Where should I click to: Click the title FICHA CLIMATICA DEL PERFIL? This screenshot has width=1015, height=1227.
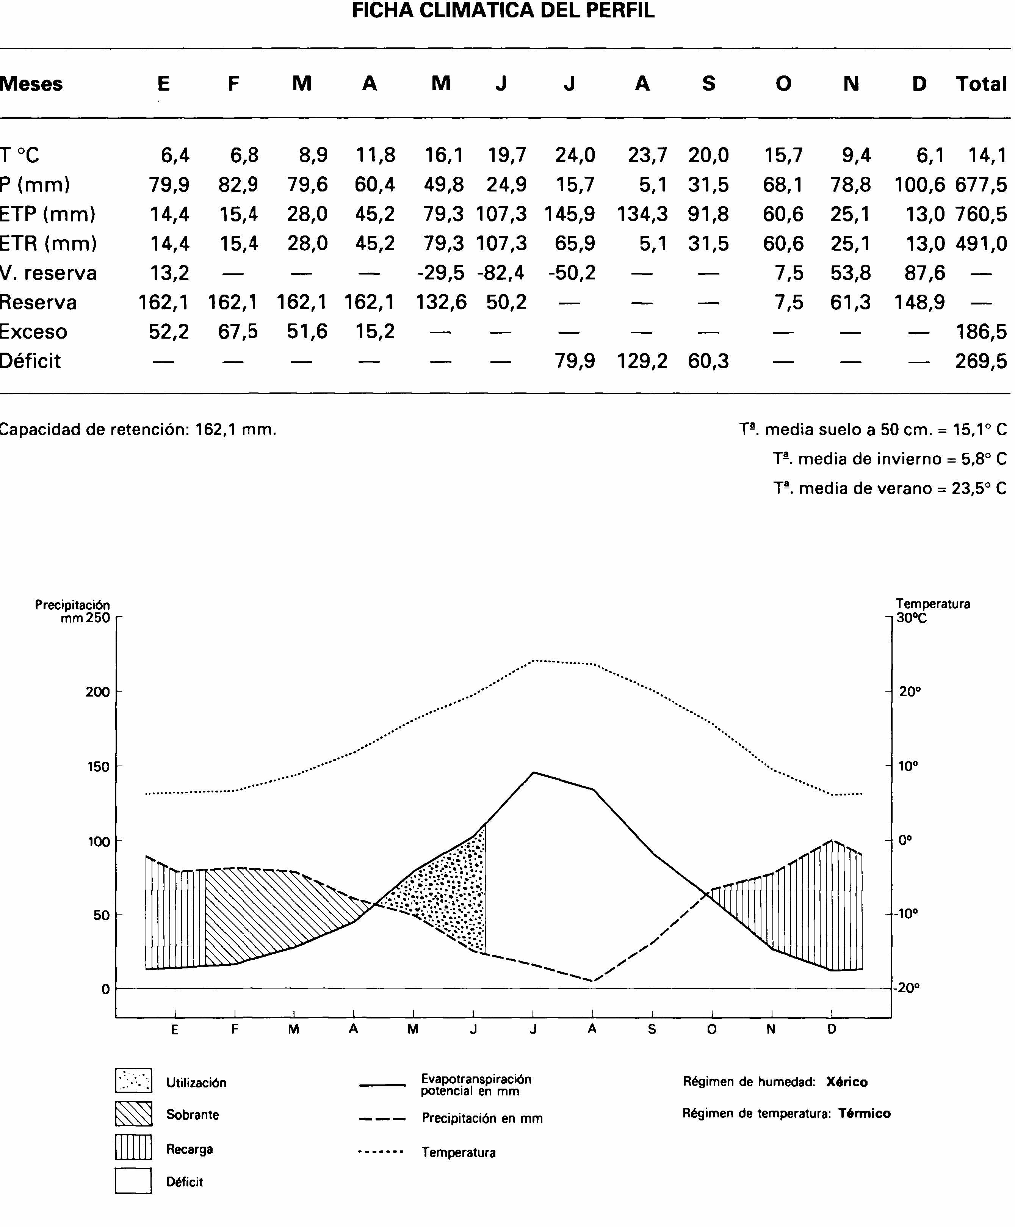coord(503,11)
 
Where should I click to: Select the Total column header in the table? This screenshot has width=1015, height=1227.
coord(981,84)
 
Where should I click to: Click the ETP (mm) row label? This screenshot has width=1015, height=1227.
coord(48,215)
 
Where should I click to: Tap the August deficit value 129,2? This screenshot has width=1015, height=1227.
coord(642,361)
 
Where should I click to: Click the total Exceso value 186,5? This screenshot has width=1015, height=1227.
coord(981,332)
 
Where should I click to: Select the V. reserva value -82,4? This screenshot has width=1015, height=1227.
coord(501,273)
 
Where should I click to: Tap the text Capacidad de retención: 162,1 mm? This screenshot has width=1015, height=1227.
coord(138,430)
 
